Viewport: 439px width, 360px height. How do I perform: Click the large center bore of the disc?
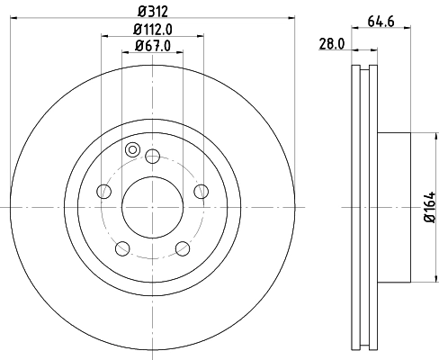[152, 207]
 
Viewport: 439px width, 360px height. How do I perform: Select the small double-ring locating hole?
[133, 150]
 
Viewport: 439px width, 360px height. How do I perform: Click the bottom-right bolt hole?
[183, 248]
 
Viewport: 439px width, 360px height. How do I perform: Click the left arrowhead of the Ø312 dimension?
[14, 20]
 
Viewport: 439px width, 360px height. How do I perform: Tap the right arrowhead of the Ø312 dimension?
[291, 20]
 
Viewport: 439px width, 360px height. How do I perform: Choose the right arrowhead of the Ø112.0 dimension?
[200, 37]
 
